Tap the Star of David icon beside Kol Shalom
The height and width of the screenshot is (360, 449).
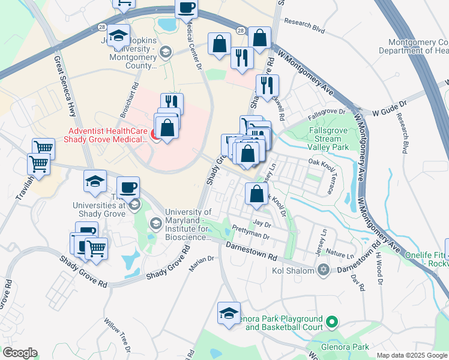[324, 269]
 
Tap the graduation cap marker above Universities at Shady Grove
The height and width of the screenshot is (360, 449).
[95, 182]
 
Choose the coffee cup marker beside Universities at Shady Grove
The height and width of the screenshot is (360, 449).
[127, 187]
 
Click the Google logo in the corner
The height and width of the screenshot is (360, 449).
[19, 353]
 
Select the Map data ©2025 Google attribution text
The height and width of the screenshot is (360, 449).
[412, 355]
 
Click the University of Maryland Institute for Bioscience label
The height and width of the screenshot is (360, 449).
[187, 224]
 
